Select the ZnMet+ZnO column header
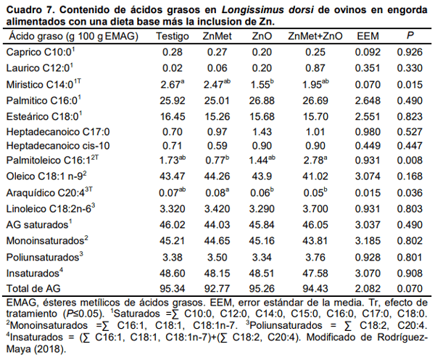point(315,36)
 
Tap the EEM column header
point(365,36)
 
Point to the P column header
point(410,36)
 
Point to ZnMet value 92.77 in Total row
point(217,287)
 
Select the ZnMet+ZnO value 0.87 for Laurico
point(315,67)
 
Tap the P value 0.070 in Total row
point(410,287)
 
